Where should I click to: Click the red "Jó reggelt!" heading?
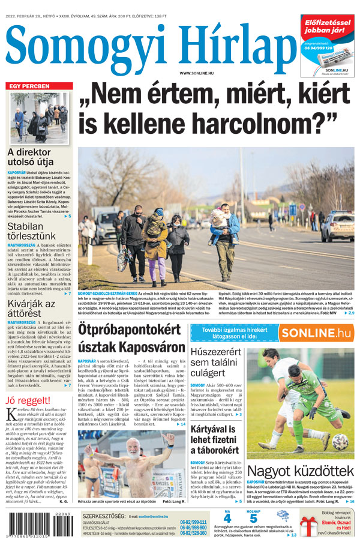pos(28,400)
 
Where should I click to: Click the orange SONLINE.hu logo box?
pos(316,333)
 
